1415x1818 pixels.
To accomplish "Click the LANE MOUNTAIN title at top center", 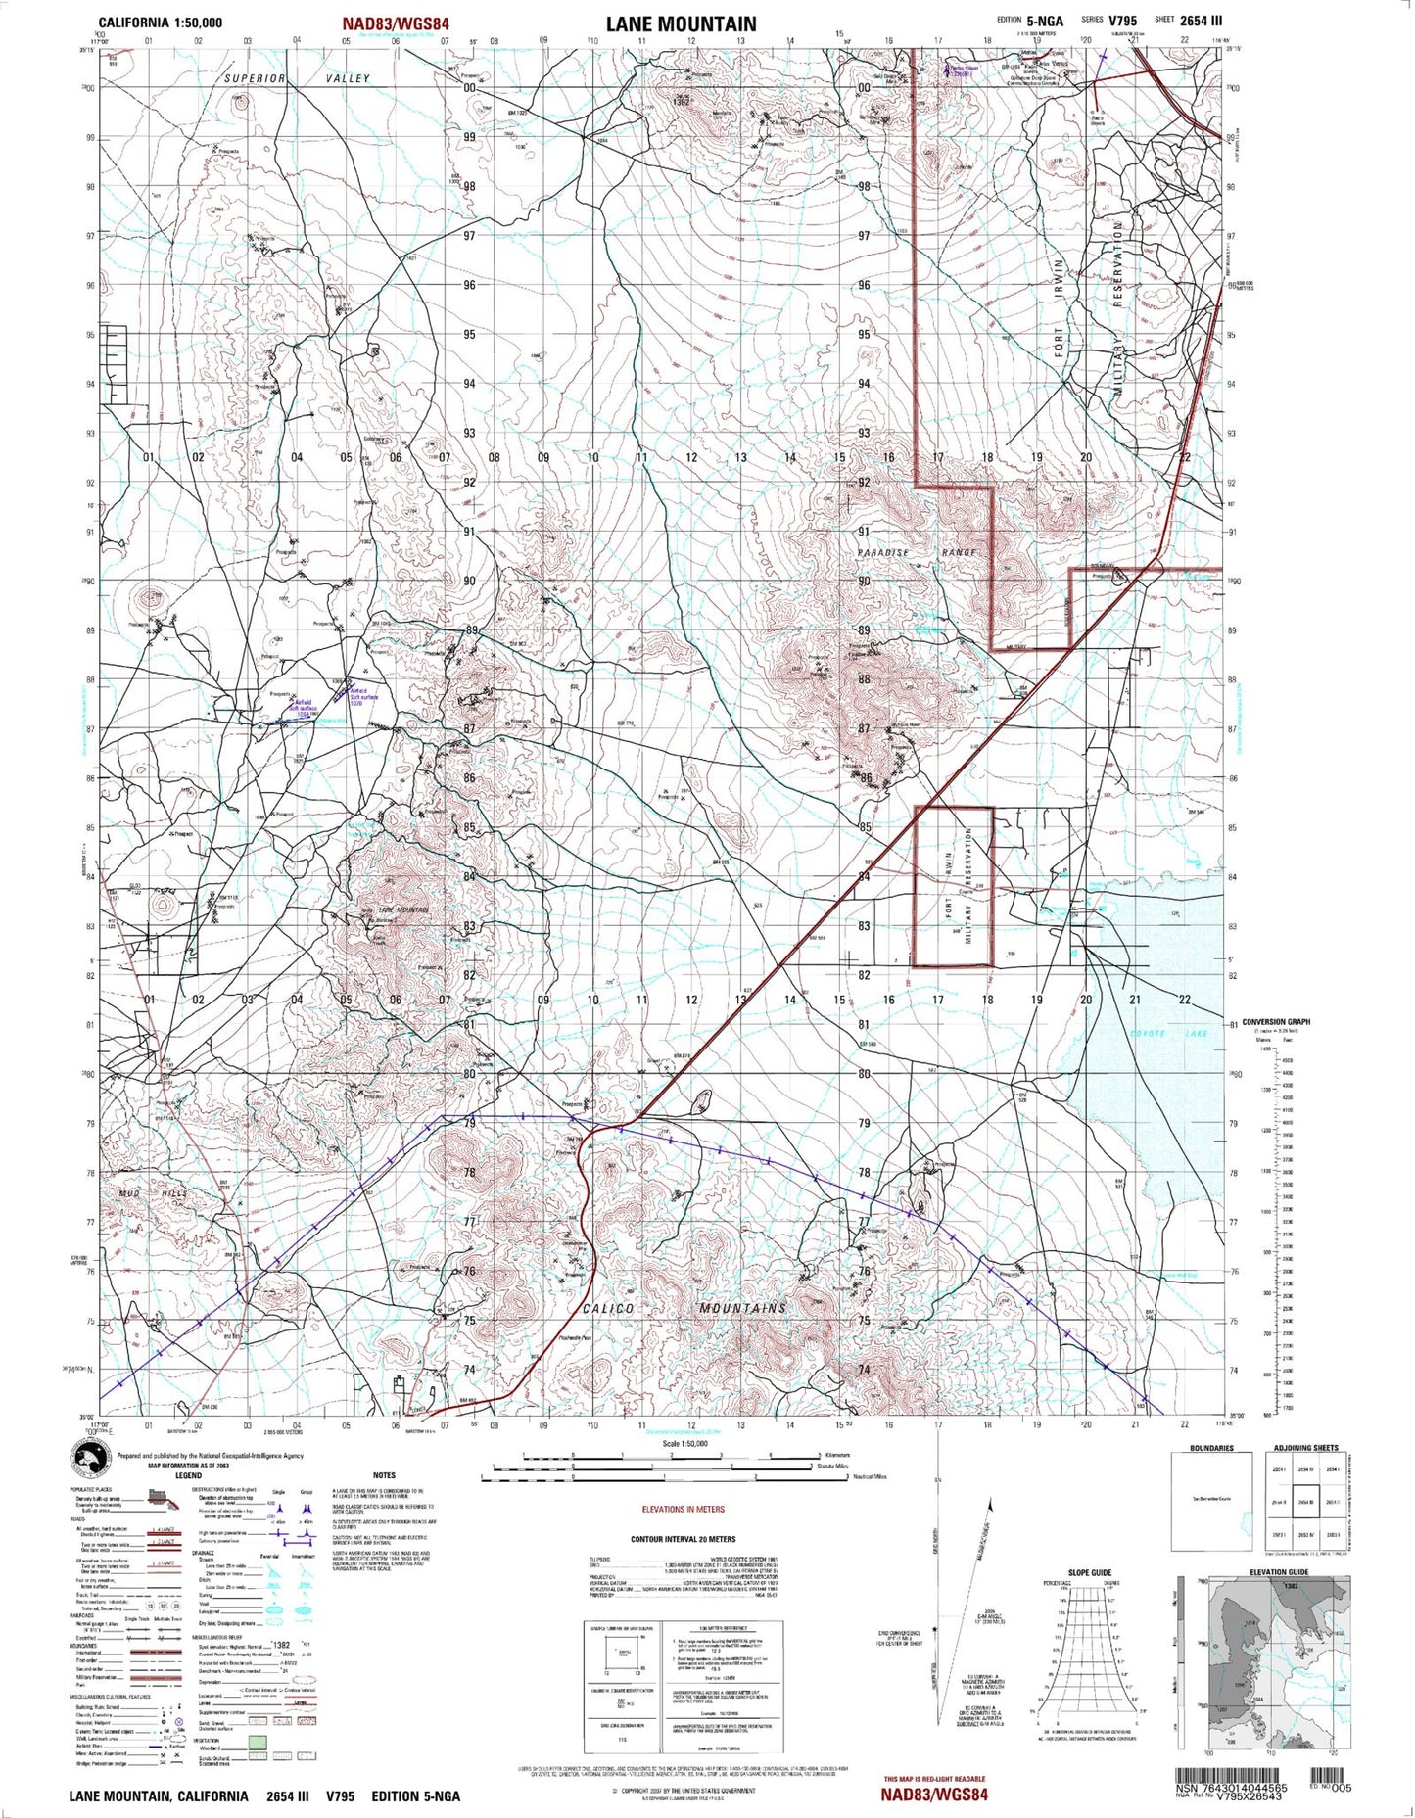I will (681, 24).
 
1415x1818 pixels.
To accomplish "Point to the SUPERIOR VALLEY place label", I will (297, 78).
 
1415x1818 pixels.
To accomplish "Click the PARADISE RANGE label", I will (917, 553).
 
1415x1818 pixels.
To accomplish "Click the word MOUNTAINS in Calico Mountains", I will (742, 1309).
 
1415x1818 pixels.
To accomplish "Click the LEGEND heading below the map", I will (188, 1475).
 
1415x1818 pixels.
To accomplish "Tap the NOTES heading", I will (384, 1475).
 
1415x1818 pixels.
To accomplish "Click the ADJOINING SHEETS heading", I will (1305, 1448).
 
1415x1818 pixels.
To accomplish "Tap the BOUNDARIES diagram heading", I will (1211, 1448).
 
